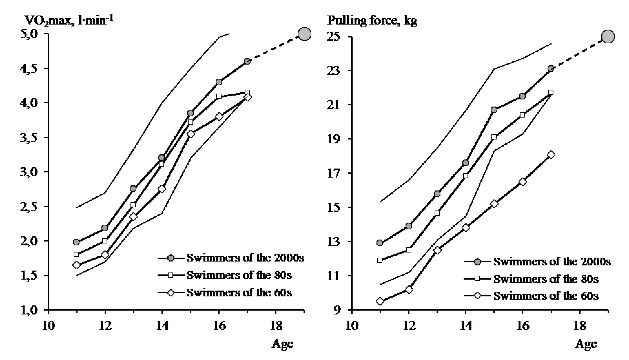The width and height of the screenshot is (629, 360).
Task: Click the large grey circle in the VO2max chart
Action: [x=304, y=34]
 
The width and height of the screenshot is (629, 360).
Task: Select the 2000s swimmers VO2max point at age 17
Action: [x=247, y=61]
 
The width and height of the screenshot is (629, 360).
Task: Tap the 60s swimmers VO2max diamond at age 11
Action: [x=77, y=265]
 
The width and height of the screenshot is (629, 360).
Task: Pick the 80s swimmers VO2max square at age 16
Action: [x=219, y=96]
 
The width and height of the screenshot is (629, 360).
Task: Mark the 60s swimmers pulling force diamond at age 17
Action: [x=551, y=155]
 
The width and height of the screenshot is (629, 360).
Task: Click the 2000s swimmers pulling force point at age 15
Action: [x=494, y=110]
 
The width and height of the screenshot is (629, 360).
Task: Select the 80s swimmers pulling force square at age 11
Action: [x=380, y=260]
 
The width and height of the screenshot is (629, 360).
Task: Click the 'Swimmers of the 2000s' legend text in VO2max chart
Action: [x=245, y=258]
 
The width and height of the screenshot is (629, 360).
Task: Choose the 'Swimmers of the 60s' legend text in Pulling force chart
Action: [x=546, y=296]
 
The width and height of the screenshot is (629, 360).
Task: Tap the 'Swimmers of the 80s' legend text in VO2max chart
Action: [x=239, y=275]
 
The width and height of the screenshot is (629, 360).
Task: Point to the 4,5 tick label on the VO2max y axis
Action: [x=29, y=68]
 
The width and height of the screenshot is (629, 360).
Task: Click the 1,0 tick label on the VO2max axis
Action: [x=29, y=310]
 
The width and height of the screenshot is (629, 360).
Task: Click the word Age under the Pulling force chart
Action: [x=586, y=344]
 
